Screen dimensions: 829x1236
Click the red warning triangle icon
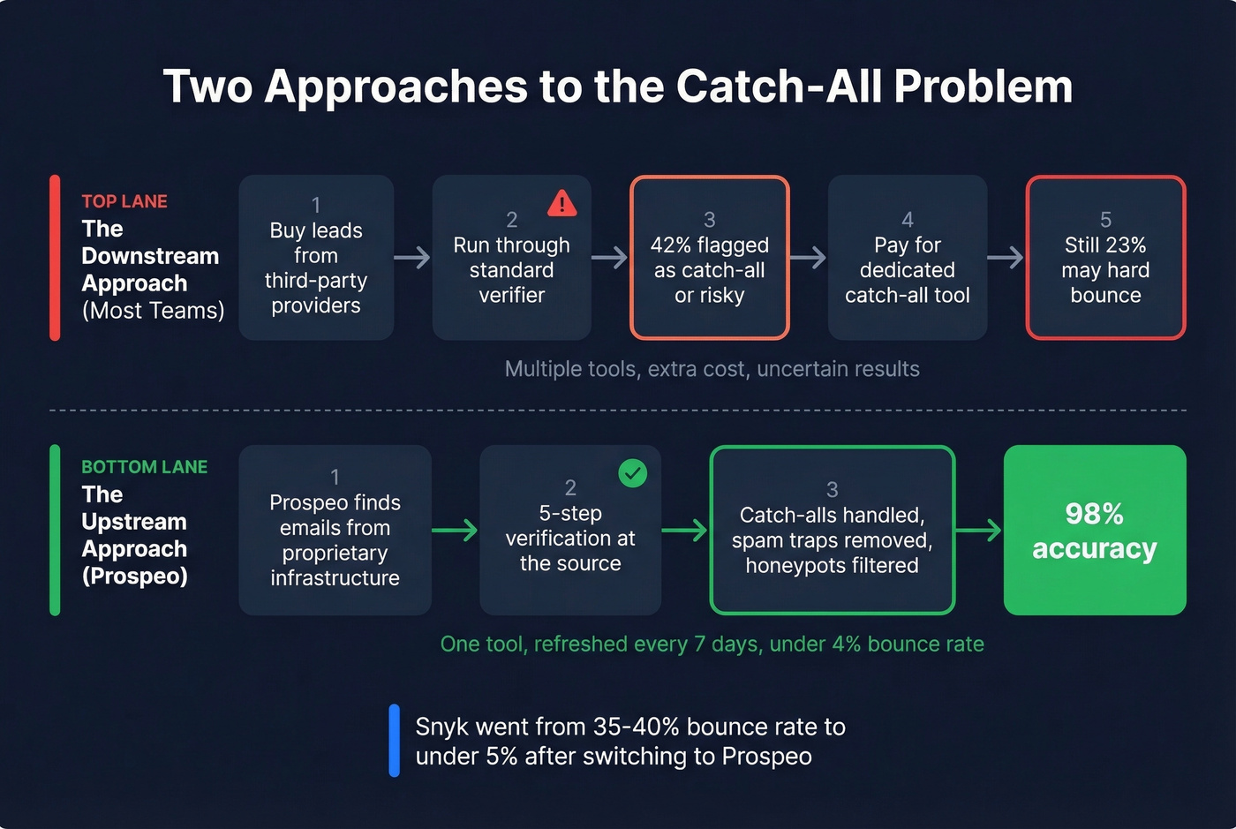pyautogui.click(x=561, y=204)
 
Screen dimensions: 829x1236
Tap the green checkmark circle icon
pyautogui.click(x=632, y=473)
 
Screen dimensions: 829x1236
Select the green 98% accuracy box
pyautogui.click(x=1095, y=530)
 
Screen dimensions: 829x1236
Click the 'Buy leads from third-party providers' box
pyautogui.click(x=316, y=258)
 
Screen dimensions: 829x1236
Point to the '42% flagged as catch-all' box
pyautogui.click(x=709, y=258)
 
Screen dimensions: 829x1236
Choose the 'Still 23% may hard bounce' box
pyautogui.click(x=1105, y=258)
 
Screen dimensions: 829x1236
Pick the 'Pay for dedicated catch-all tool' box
pyautogui.click(x=907, y=258)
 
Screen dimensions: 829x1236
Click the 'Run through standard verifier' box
pyautogui.click(x=511, y=258)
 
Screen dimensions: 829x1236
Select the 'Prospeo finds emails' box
pyautogui.click(x=335, y=530)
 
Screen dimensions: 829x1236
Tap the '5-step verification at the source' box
pyautogui.click(x=570, y=530)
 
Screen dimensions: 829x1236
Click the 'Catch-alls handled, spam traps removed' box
pyautogui.click(x=832, y=530)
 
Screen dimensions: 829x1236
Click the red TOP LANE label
pyautogui.click(x=124, y=201)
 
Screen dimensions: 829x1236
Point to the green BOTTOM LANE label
pyautogui.click(x=144, y=467)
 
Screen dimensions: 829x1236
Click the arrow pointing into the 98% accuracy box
pyautogui.click(x=979, y=530)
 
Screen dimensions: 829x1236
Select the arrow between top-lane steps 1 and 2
pyautogui.click(x=412, y=258)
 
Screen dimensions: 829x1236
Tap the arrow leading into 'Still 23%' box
pyautogui.click(x=1006, y=258)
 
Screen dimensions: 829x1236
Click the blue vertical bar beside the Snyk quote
pyautogui.click(x=394, y=741)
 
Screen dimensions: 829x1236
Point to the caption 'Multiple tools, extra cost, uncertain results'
pyautogui.click(x=712, y=369)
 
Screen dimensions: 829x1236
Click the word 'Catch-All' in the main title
pyautogui.click(x=780, y=87)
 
